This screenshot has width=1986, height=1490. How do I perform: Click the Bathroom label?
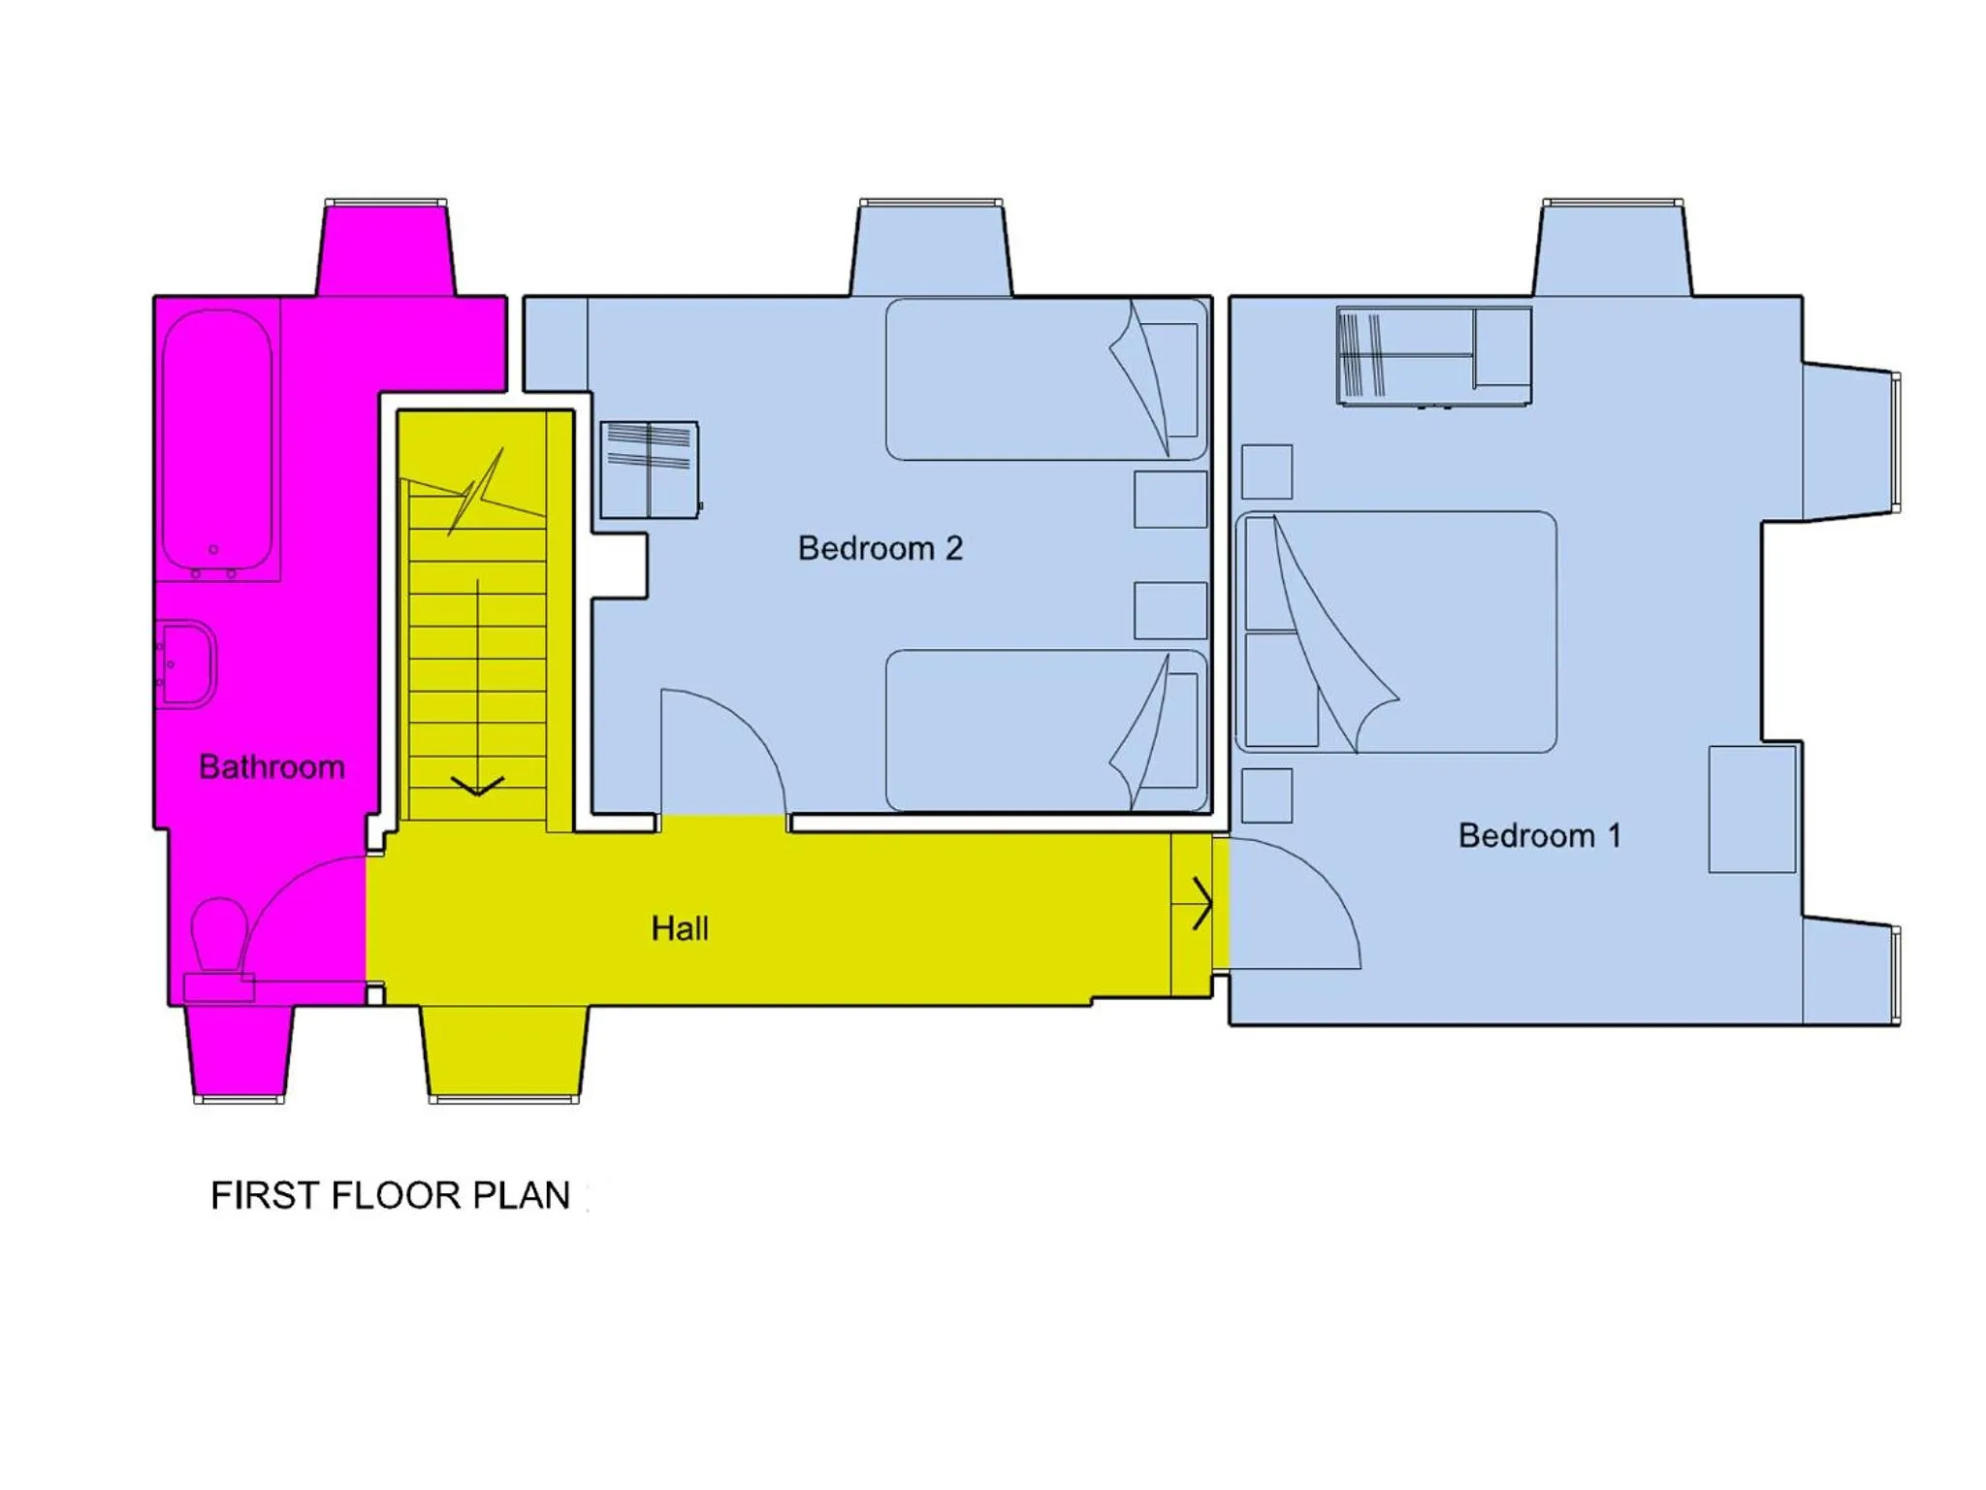click(272, 767)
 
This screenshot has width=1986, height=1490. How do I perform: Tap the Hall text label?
click(679, 928)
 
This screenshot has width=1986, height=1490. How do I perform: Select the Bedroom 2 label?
click(880, 548)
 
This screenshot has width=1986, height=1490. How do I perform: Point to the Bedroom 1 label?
click(1539, 835)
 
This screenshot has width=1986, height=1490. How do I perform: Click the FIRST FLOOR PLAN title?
click(390, 1195)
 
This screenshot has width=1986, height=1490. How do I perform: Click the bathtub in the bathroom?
click(217, 441)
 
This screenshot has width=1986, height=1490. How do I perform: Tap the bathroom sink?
click(187, 664)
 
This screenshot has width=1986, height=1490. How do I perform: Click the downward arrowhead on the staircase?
click(477, 786)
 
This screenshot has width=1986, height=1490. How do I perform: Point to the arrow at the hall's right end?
click(1202, 903)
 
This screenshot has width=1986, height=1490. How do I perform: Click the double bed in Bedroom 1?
click(1396, 632)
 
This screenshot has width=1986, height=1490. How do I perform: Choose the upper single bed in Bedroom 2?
click(1045, 379)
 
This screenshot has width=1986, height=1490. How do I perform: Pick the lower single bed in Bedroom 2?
click(1045, 730)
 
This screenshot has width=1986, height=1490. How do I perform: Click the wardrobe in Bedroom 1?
click(1433, 355)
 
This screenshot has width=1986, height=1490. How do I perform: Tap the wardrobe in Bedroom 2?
click(649, 470)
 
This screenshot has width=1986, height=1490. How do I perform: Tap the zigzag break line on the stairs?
click(475, 491)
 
